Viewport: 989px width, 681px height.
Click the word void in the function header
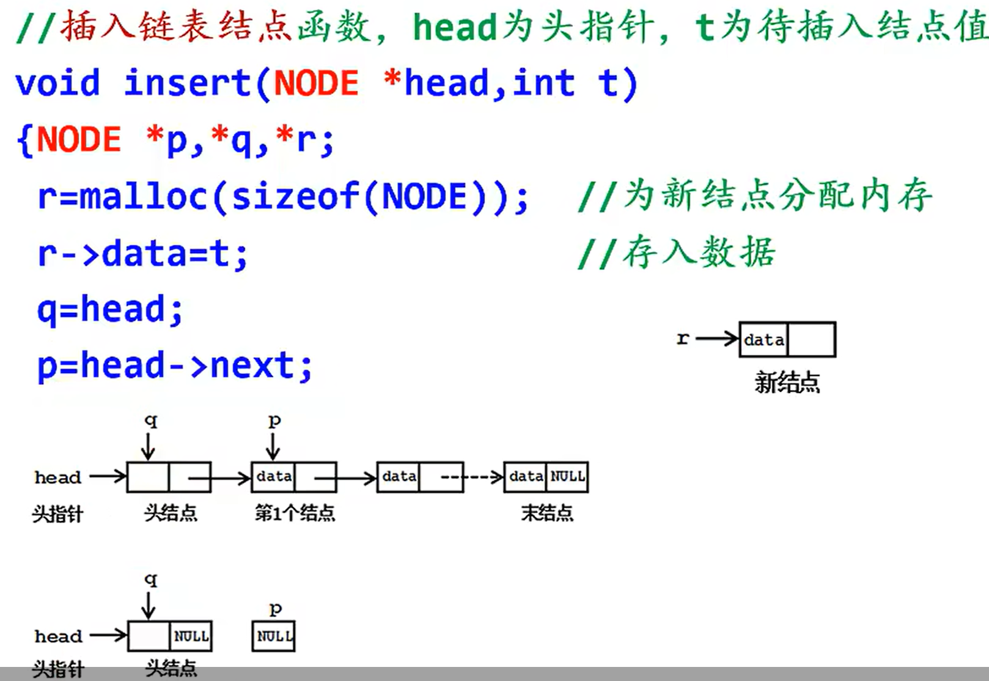[x=57, y=83]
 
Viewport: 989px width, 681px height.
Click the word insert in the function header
[x=187, y=83]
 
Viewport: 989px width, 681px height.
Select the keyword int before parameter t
[x=543, y=83]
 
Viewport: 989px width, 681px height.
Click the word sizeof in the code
[x=295, y=197]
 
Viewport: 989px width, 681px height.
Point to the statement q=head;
[x=110, y=309]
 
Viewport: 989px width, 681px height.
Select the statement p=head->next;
[x=175, y=366]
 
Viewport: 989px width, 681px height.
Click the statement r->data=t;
[x=142, y=253]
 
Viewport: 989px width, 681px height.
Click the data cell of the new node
[x=764, y=340]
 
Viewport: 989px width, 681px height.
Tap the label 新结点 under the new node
[x=787, y=383]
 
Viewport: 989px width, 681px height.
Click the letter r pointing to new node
[x=683, y=338]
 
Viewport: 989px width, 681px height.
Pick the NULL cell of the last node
[x=567, y=477]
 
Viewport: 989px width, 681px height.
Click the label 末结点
[x=547, y=513]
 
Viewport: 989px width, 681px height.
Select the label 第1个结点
[x=295, y=513]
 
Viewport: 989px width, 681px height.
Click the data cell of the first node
[x=273, y=477]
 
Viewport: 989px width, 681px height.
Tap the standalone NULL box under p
[x=273, y=636]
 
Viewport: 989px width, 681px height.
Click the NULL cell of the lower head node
[x=191, y=636]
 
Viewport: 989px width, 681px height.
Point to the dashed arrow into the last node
[x=483, y=477]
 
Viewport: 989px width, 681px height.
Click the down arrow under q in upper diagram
[x=148, y=446]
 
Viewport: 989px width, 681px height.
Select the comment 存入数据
[x=699, y=252]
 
